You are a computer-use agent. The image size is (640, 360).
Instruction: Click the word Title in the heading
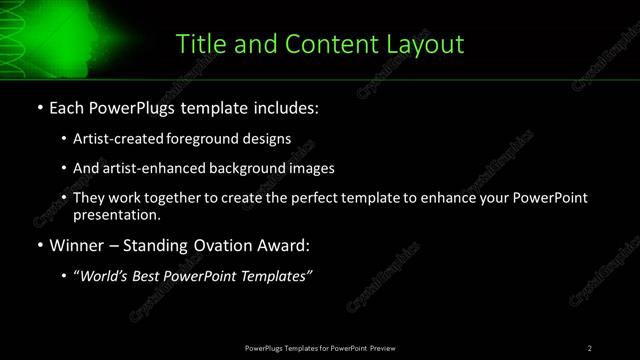199,44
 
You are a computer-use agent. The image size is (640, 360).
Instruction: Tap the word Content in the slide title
319,44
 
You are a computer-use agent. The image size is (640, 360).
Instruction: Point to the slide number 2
590,348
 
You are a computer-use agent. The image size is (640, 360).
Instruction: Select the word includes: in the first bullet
283,106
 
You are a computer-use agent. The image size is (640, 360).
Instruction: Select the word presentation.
116,214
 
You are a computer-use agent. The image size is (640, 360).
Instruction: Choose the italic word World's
102,276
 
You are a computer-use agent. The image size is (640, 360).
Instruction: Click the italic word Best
147,276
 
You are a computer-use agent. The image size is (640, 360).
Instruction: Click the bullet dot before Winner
39,244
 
